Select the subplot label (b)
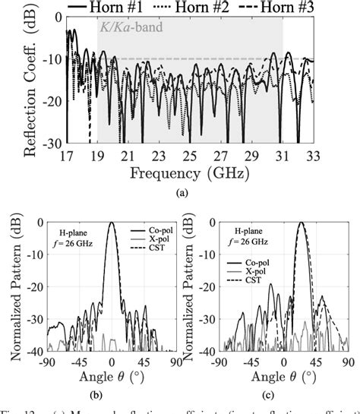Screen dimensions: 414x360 [112, 392]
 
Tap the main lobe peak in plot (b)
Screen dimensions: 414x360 [112, 223]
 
